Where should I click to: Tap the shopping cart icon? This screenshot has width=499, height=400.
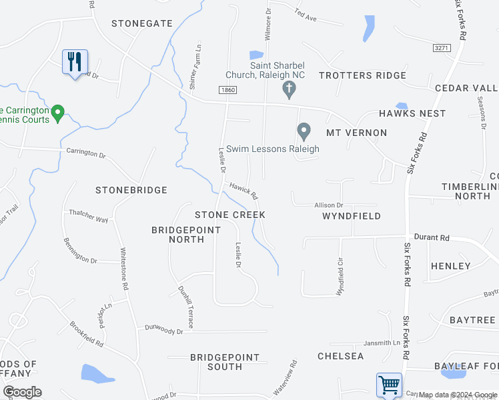389,385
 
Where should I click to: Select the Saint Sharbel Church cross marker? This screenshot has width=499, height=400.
289,89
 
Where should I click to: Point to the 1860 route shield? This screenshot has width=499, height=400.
227,89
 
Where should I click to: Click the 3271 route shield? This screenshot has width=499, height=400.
440,48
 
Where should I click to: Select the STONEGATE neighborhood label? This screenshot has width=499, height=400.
142,23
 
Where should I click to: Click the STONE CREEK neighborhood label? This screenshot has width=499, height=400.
230,215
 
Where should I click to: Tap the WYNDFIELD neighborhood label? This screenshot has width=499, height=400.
352,216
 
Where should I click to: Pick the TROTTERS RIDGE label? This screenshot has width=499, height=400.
362,75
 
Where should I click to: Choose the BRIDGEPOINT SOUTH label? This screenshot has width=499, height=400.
225,362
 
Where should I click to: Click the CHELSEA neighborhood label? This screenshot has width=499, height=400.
341,356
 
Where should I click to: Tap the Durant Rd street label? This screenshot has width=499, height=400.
432,237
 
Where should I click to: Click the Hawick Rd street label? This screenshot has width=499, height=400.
243,191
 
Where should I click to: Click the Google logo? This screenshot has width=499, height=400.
22,392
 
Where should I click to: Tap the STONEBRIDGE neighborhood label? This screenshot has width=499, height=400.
131,190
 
